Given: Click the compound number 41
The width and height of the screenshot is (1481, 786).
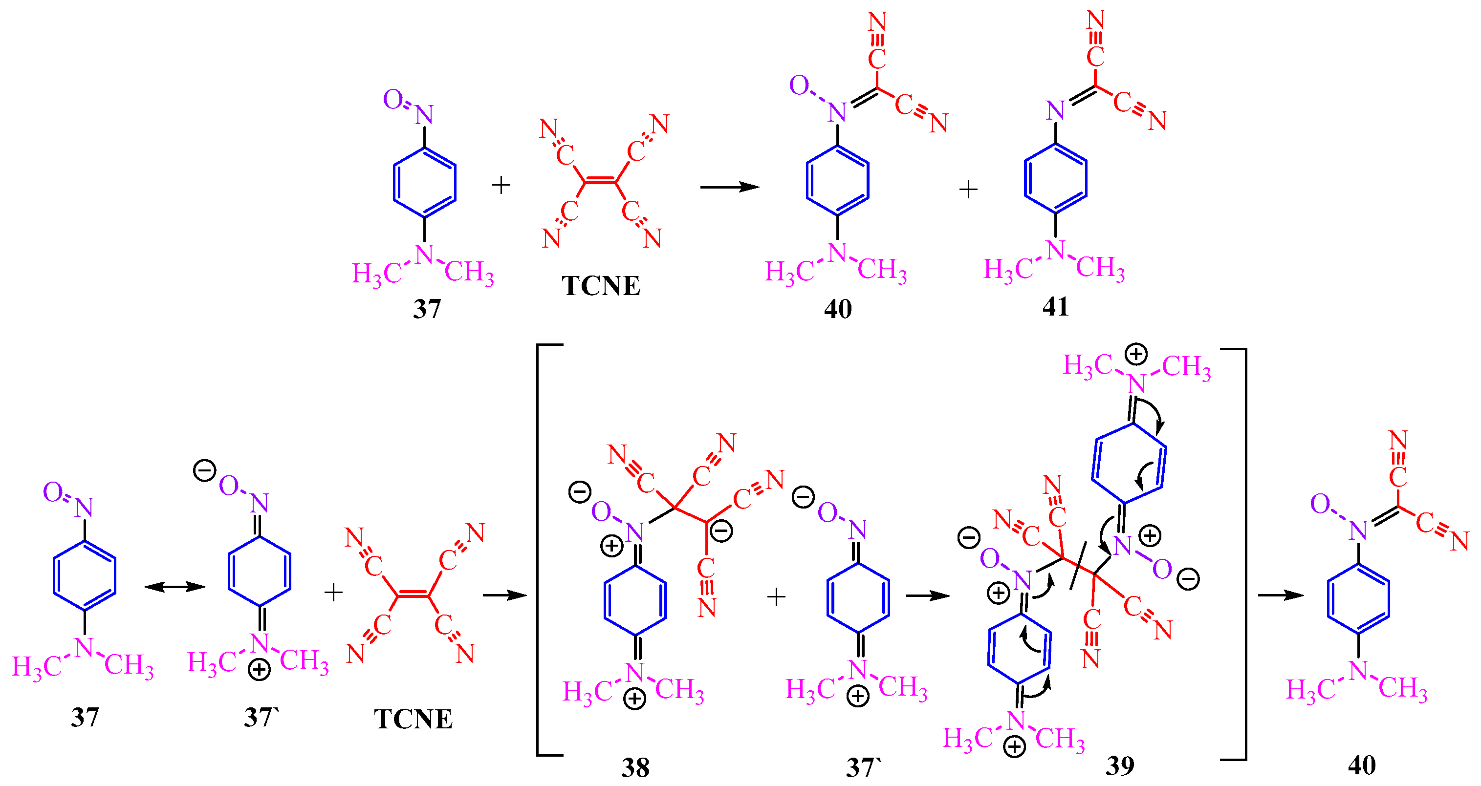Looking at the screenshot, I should [x=1056, y=307].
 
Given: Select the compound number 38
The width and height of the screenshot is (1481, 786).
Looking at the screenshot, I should [x=635, y=767].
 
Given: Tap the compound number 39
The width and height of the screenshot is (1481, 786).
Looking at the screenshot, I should [x=1120, y=765].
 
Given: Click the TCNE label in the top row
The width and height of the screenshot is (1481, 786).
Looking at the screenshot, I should [x=601, y=286].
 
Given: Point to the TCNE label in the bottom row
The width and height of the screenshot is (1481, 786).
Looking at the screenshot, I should [x=414, y=720].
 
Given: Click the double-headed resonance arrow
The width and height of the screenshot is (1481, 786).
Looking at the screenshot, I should [x=175, y=587].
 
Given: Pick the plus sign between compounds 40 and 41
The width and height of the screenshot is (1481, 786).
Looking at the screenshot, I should [x=969, y=189].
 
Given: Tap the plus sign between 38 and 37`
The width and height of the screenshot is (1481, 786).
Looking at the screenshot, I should [x=776, y=597].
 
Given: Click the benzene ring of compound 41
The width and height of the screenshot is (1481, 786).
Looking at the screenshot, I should [x=1056, y=179].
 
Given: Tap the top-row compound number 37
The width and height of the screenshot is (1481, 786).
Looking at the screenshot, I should [x=427, y=309].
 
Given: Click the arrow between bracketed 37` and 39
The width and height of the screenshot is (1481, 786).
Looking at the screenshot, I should [x=928, y=596].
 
